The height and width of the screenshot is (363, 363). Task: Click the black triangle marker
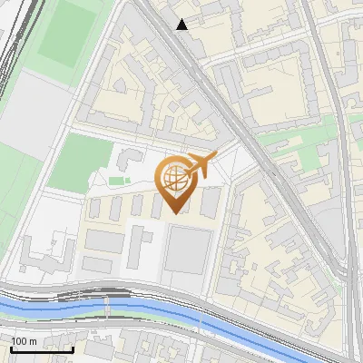pos(182,25)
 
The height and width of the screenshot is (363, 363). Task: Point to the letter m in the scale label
pos(34,340)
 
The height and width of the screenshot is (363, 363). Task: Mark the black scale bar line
pos(42,348)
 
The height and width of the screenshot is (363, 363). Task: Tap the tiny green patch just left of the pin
pos(114,181)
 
